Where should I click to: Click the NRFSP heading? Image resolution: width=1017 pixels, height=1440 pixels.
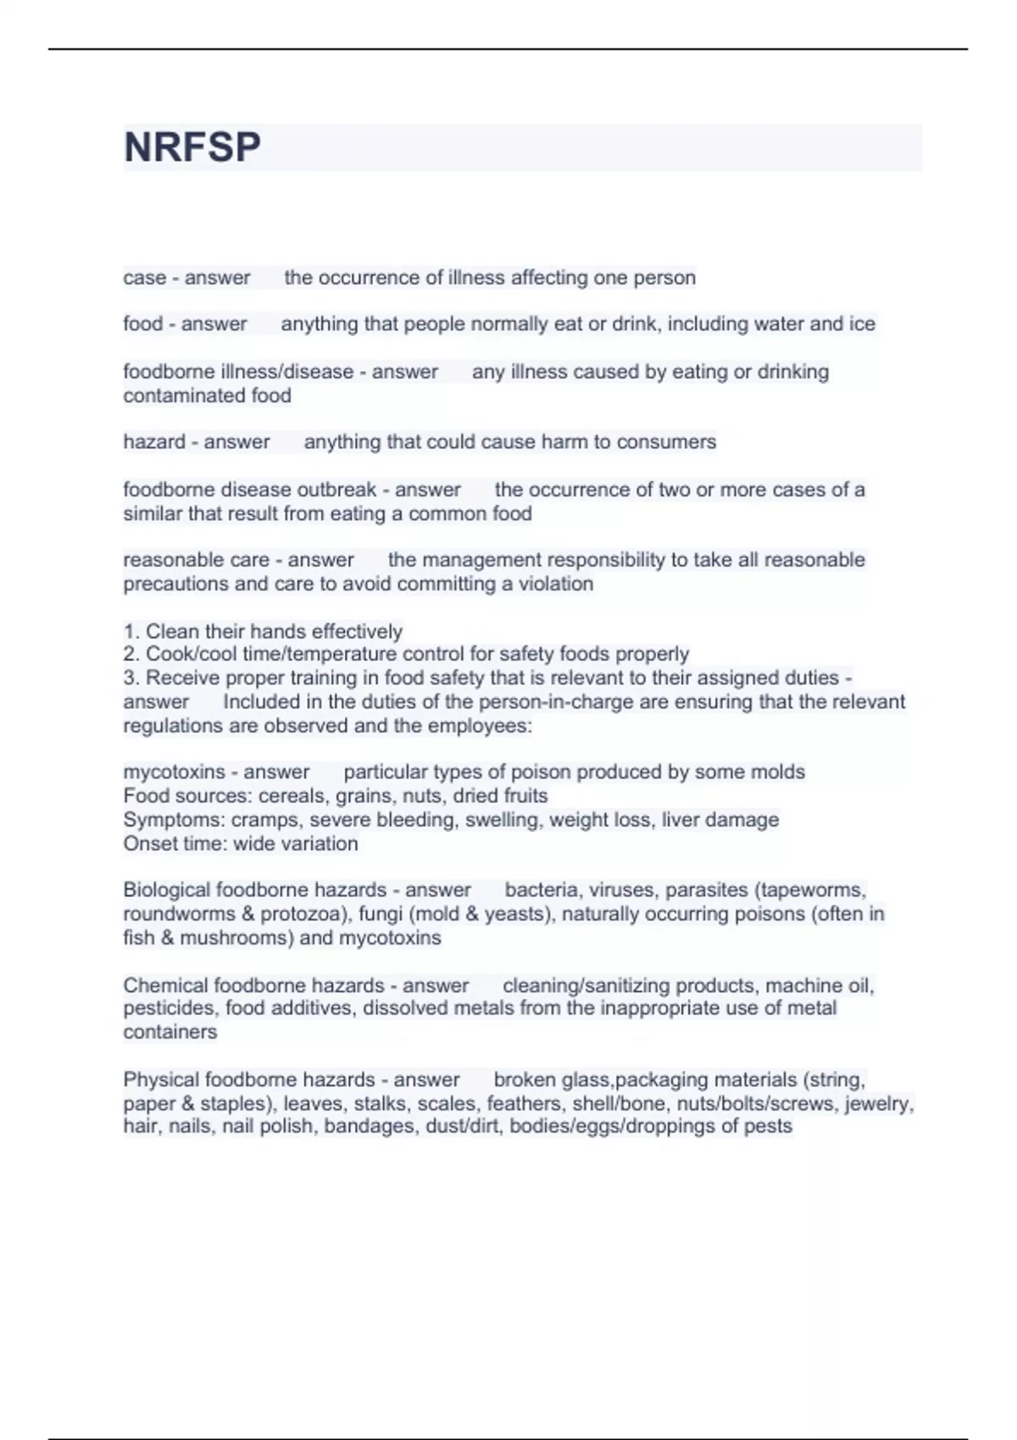tap(192, 147)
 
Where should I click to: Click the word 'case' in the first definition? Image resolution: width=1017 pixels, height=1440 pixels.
tap(144, 278)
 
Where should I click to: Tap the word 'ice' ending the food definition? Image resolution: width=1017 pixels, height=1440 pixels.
tap(863, 324)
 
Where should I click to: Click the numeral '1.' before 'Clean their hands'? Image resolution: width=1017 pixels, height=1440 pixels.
tap(131, 632)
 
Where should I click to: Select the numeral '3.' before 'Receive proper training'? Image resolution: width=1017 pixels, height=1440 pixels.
tap(131, 678)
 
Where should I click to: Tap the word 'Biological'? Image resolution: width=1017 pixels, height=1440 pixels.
tap(166, 890)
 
